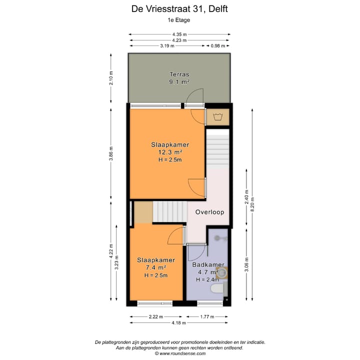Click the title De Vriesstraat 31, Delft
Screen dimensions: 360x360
[179, 8]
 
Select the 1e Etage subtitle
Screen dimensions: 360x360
[179, 20]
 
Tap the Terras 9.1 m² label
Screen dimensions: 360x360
[179, 77]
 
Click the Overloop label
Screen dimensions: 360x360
[209, 212]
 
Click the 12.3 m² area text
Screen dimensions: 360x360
[170, 152]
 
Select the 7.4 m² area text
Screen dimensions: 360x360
[155, 268]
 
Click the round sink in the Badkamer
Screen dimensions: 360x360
[221, 272]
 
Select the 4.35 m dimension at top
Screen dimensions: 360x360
[179, 34]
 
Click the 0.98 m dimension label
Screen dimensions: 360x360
[218, 45]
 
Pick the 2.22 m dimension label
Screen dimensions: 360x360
[156, 316]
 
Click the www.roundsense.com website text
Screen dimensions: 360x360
[179, 353]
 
